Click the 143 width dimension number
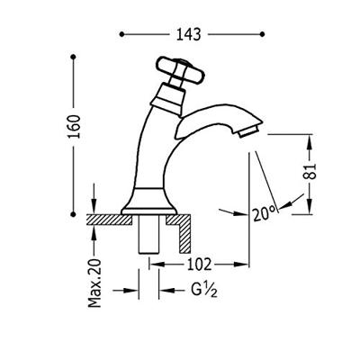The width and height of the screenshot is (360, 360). click(x=188, y=34)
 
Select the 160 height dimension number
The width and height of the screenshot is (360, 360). click(x=75, y=126)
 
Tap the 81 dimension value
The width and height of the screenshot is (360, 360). click(x=311, y=171)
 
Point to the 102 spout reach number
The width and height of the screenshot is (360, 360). click(x=199, y=265)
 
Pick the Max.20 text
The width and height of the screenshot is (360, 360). click(x=94, y=283)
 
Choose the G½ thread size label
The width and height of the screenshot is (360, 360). click(x=204, y=290)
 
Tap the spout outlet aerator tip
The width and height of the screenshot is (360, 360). click(x=248, y=131)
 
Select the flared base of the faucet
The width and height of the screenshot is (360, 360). click(x=148, y=201)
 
